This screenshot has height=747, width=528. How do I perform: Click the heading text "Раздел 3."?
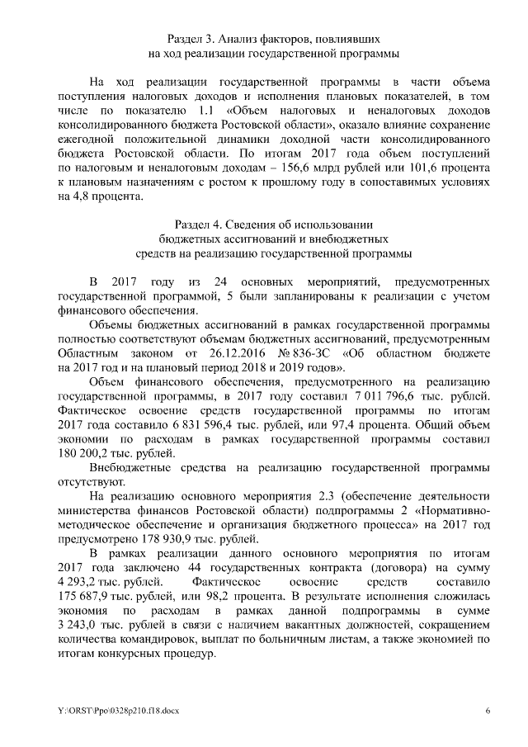[195, 39]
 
